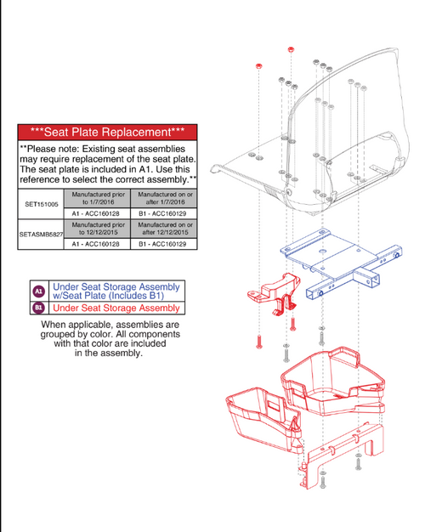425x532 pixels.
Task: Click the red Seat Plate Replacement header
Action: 107,133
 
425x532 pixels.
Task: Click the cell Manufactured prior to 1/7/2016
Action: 98,198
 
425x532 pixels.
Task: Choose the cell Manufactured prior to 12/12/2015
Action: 98,228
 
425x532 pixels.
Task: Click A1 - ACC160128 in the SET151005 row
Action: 98,213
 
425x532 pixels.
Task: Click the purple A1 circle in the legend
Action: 38,291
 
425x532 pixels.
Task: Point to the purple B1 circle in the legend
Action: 38,308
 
